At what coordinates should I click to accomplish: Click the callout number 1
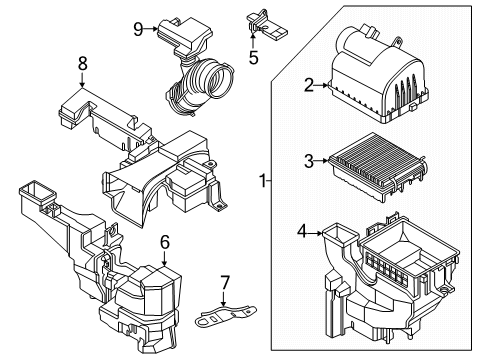point(263,182)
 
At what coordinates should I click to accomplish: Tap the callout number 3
point(309,159)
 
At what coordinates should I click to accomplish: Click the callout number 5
point(253,58)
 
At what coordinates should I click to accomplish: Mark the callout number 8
point(82,66)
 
